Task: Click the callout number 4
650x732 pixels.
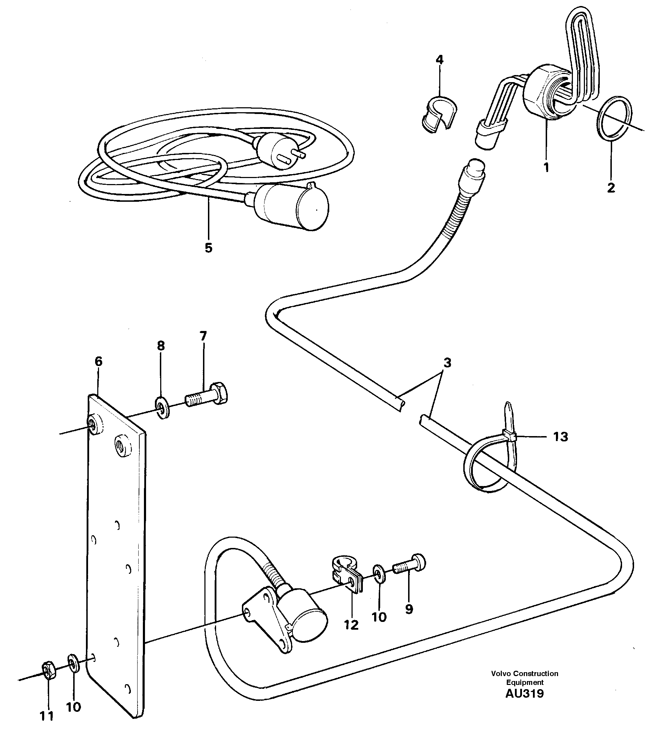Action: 439,59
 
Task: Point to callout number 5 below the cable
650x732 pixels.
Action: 209,248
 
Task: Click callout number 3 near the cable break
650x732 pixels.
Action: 447,363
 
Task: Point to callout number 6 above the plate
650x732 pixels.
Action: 98,361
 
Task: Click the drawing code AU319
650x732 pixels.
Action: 524,694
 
